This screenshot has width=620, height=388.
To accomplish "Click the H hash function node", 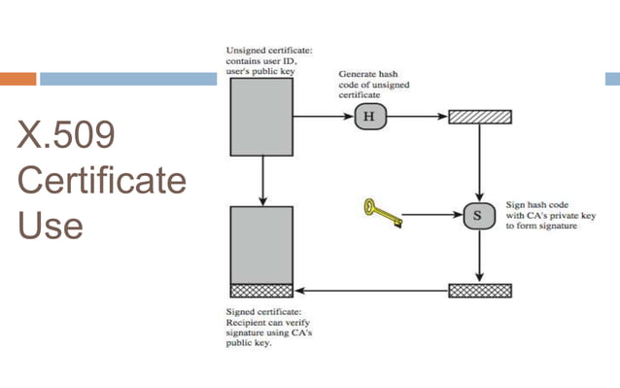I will click(369, 118).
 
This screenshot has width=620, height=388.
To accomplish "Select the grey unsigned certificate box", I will click(261, 117).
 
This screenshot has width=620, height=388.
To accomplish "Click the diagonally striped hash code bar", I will click(480, 118).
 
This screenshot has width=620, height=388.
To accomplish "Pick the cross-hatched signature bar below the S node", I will click(480, 290).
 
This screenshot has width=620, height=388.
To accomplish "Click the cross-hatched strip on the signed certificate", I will click(261, 290).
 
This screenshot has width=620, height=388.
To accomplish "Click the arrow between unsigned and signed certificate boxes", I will click(262, 180).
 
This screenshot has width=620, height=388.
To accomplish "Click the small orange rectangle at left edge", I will click(17, 78).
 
